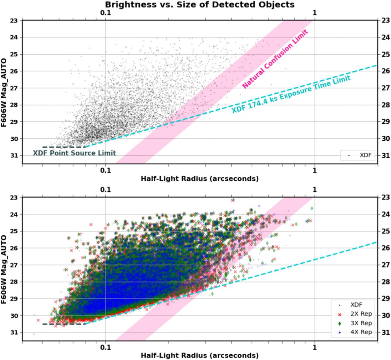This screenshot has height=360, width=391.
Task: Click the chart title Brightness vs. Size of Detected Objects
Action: click(200, 5)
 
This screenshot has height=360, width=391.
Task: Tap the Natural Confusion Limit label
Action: click(275, 59)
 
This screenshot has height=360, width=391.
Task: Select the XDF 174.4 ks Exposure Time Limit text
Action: click(291, 94)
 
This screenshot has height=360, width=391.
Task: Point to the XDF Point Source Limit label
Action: click(74, 153)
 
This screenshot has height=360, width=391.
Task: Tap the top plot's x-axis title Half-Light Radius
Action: click(200, 178)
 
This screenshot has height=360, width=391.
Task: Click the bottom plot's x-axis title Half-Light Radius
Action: click(200, 355)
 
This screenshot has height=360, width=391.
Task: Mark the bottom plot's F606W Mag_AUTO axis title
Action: click(4, 269)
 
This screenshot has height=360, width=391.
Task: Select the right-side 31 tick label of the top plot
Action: click(385, 156)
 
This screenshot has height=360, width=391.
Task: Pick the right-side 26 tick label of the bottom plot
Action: click(385, 248)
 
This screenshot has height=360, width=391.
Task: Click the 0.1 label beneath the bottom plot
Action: click(105, 347)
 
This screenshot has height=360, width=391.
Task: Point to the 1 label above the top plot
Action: click(315, 13)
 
